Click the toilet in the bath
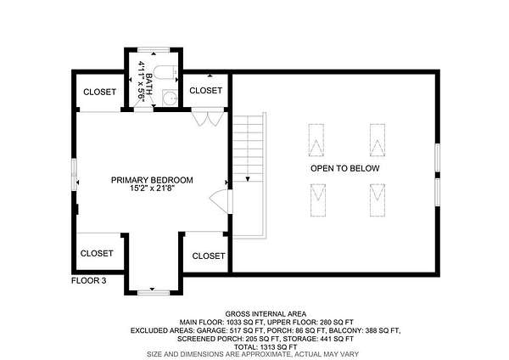(165, 73)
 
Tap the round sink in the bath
(170, 98)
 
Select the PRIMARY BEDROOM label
(152, 180)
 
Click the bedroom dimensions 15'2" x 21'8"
(153, 188)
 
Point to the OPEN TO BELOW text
(345, 168)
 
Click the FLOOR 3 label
(88, 280)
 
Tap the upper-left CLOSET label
(99, 92)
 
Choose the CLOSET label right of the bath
(206, 90)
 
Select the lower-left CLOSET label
(97, 253)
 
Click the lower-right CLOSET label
(209, 256)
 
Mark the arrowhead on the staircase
(248, 179)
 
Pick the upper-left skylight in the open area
(316, 140)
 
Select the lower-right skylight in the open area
(378, 200)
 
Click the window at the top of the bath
(154, 50)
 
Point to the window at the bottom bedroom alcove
(154, 293)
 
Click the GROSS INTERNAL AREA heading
(266, 314)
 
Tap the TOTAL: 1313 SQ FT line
(266, 347)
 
